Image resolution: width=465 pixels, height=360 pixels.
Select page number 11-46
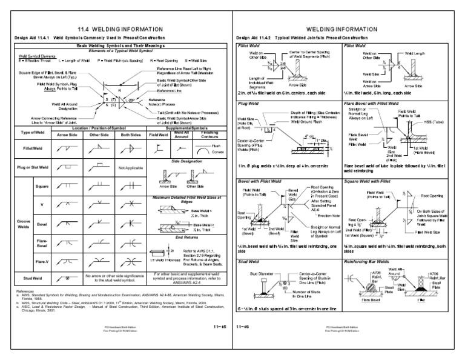(244, 326)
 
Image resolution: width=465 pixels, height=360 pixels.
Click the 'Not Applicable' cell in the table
(130, 167)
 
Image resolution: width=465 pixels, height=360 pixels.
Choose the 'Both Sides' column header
(131, 135)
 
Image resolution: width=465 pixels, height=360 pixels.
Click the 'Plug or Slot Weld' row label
(33, 167)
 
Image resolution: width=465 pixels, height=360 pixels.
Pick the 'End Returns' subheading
(186, 238)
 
